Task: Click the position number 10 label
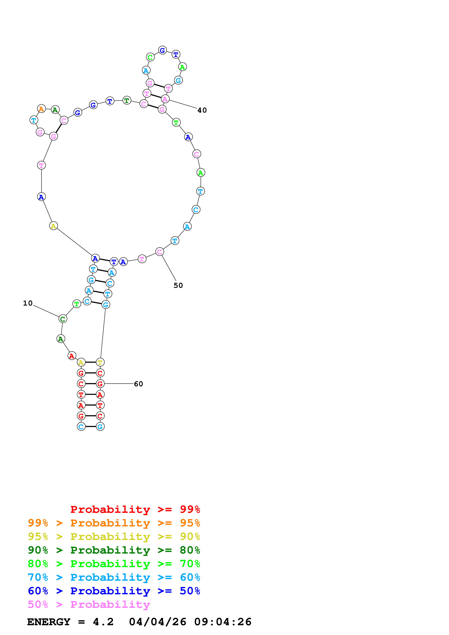[28, 303]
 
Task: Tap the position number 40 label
[202, 110]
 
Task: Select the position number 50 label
[178, 285]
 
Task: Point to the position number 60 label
[138, 384]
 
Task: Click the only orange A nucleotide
[41, 109]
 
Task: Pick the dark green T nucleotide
[127, 100]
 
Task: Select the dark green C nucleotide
[63, 319]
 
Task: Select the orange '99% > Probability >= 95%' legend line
[114, 523]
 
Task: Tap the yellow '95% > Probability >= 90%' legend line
[114, 536]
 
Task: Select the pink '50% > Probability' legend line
[89, 604]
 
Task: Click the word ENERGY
[49, 622]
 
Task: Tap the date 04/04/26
[157, 622]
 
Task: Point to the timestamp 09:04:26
[223, 622]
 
